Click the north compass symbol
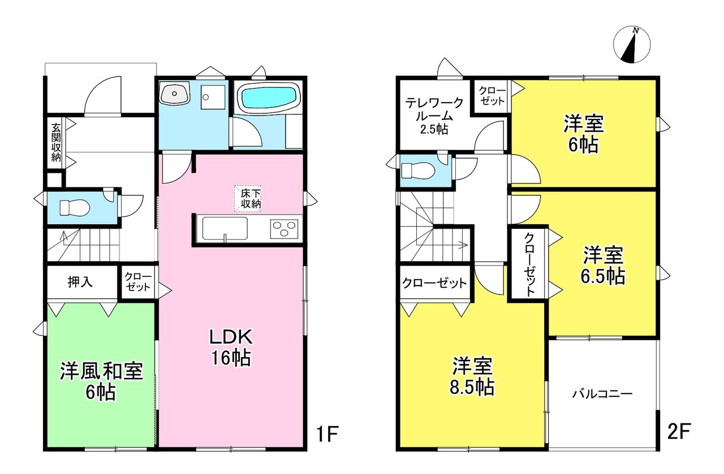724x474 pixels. [x=632, y=45]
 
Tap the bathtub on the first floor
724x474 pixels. [x=269, y=97]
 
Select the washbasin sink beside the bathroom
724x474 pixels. [x=175, y=93]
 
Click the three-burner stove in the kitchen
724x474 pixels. [x=284, y=228]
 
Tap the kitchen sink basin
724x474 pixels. [x=225, y=228]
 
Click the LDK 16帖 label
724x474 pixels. [x=231, y=348]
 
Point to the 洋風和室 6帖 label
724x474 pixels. [x=101, y=381]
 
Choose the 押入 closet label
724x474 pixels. [x=80, y=283]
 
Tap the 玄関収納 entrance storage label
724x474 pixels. [x=55, y=142]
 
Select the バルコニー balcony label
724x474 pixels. [x=602, y=394]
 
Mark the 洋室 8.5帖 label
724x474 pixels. [x=472, y=376]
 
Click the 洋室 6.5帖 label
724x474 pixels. [x=603, y=266]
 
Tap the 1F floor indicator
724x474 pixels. [x=327, y=434]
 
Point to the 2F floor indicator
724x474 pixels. [x=679, y=432]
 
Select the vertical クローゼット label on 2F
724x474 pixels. [x=529, y=264]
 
